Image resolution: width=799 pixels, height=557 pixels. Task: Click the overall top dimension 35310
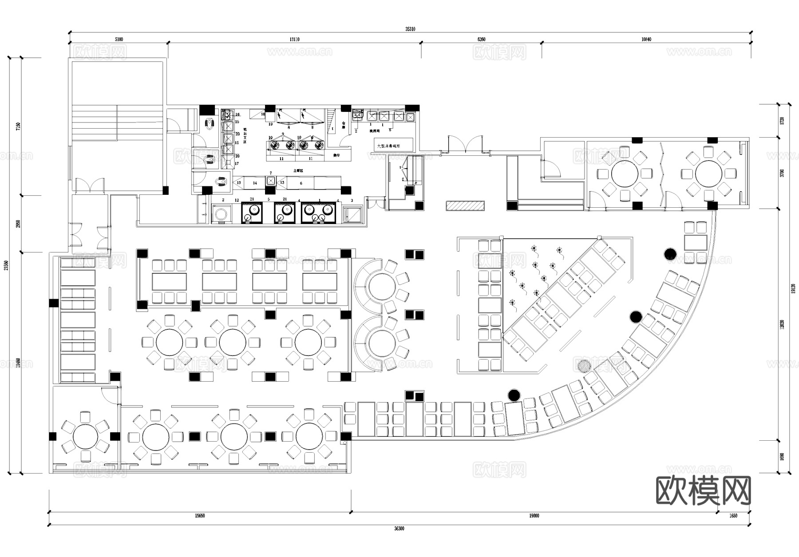point(410,29)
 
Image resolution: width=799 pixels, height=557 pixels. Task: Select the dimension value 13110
point(294,40)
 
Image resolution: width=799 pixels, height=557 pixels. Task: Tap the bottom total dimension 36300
point(399,529)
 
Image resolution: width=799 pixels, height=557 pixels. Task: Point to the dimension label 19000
point(534,516)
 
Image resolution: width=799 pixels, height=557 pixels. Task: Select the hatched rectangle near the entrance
point(465,206)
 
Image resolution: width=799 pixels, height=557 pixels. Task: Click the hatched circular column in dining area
point(584,366)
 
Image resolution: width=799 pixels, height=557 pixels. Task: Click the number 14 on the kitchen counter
point(255,183)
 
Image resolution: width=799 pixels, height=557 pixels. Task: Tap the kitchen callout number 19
point(270,124)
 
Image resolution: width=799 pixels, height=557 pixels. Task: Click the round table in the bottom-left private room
point(85,437)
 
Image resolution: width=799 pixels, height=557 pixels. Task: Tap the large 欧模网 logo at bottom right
point(703,491)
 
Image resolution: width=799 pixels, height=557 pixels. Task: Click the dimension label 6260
point(481,40)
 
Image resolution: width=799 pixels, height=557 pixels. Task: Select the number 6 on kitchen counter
point(301,183)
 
